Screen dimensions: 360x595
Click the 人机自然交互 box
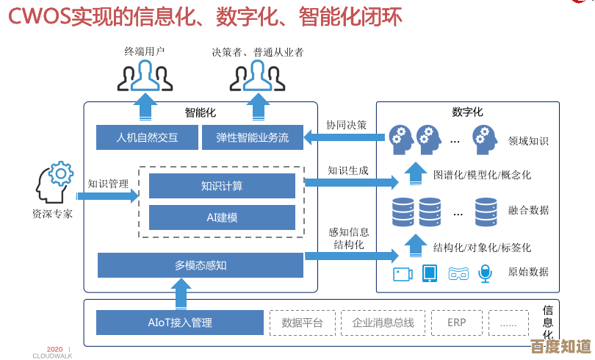148,137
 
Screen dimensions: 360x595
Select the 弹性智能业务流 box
252,137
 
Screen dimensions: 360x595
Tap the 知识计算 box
222,187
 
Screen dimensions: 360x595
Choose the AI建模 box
222,217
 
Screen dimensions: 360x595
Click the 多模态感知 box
200,265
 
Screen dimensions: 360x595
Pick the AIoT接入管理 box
179,323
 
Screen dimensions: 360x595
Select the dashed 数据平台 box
303,323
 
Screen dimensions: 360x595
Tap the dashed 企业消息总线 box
383,323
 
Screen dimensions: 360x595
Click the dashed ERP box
456,323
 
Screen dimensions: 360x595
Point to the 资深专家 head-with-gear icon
52,183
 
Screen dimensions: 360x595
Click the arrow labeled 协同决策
345,137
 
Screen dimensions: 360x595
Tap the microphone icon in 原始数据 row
485,273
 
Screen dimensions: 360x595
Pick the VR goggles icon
458,273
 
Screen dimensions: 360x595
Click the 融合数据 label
528,210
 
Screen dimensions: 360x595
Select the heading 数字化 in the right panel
467,112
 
